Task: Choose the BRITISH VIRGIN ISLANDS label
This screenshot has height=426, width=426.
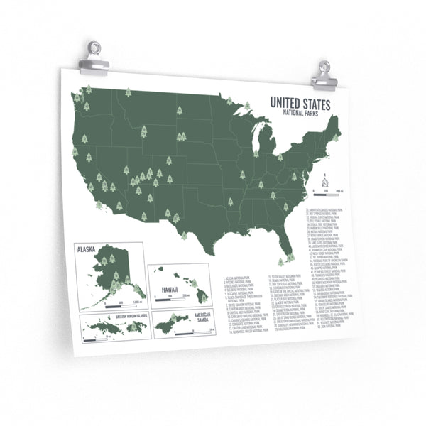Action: tap(128, 317)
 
